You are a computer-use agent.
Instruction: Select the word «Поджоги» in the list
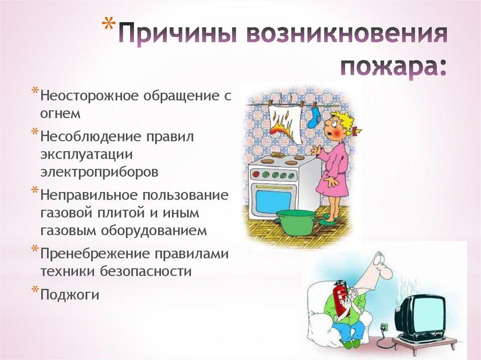point(70,295)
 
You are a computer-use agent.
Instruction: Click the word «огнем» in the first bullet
point(61,114)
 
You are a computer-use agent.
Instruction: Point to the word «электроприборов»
point(99,172)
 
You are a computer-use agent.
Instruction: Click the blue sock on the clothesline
point(313,117)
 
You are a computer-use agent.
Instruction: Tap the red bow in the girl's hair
point(357,131)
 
